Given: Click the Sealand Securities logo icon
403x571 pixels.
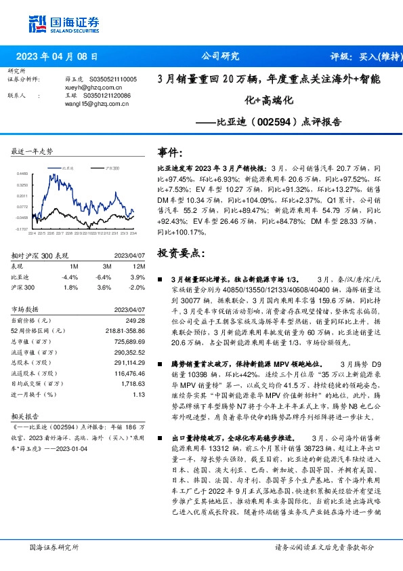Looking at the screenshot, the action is (x=37, y=24).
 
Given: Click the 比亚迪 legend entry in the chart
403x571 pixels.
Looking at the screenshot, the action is (x=67, y=166).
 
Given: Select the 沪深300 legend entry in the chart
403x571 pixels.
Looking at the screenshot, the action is (x=112, y=166).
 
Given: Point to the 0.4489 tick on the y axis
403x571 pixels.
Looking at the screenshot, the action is (x=22, y=174).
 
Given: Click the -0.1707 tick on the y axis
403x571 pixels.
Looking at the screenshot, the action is (x=22, y=230).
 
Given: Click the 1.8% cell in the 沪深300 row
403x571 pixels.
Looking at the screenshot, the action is (x=70, y=287).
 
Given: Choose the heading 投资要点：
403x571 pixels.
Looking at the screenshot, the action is (x=179, y=252).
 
